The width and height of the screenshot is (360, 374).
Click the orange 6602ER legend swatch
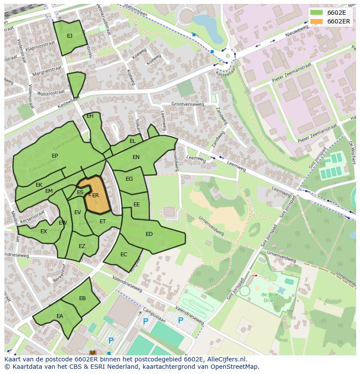317,21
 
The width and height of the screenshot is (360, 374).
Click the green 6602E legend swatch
317,13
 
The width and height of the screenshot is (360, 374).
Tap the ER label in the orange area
96,195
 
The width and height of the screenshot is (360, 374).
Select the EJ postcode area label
70,36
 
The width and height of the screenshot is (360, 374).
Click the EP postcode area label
55,156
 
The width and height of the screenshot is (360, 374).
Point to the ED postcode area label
149,234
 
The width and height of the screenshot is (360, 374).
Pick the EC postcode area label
124,255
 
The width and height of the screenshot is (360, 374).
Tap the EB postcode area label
83,298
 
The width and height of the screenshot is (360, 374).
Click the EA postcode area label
60,316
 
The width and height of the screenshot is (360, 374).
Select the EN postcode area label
136,157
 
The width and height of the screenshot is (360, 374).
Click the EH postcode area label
90,116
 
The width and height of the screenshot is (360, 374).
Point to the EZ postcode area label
82,246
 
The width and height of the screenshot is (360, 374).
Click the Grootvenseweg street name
187,104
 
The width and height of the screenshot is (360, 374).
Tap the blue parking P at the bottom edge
111,341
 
